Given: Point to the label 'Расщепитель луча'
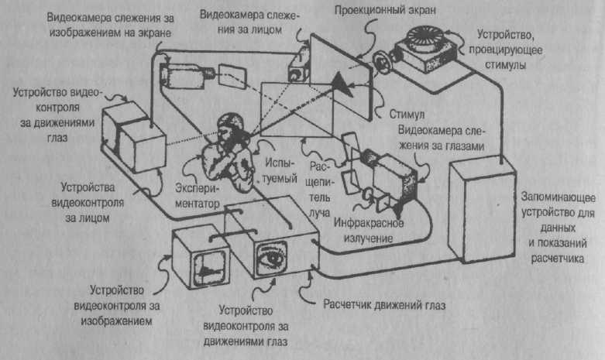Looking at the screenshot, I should tap(319, 187).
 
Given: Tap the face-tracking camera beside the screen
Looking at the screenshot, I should tap(297, 68).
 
